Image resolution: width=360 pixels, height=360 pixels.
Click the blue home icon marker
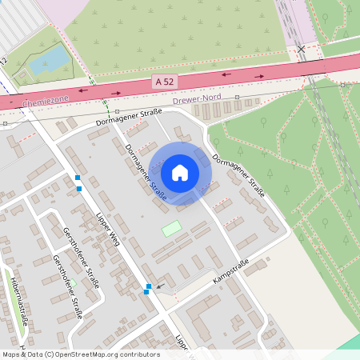click(180, 172)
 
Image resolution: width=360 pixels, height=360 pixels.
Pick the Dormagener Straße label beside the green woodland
click(238, 174)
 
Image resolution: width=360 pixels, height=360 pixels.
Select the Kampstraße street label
click(231, 274)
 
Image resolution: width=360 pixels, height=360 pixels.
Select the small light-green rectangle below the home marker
click(171, 229)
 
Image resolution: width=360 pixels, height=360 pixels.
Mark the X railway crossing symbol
click(301, 50)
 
